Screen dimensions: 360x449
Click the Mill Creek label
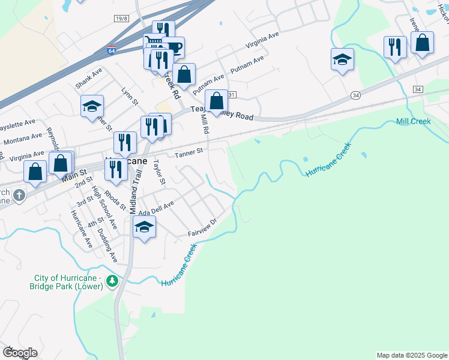(x=414, y=121)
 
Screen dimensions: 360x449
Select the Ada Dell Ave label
(x=156, y=208)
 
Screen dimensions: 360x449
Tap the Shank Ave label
(x=89, y=78)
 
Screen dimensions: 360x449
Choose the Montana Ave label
(x=22, y=140)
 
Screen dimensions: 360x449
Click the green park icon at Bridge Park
(x=112, y=280)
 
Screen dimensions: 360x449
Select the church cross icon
(x=19, y=195)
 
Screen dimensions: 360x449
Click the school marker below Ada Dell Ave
(x=144, y=227)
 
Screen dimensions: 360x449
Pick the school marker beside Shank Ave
(x=92, y=106)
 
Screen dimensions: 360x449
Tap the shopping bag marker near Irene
(x=422, y=43)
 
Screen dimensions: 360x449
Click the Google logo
(x=19, y=352)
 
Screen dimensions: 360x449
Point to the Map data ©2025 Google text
(x=411, y=355)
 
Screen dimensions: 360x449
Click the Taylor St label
(x=158, y=172)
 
